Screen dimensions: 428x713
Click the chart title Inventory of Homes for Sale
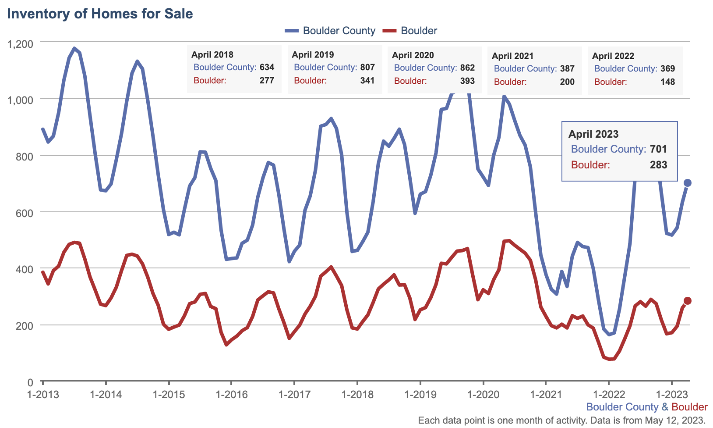pos(100,14)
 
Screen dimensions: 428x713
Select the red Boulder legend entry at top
pos(410,31)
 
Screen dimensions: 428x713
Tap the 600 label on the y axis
pos(25,213)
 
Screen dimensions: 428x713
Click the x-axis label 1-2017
pos(294,394)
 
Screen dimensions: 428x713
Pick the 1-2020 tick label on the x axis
pos(483,394)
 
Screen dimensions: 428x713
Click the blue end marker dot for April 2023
pos(688,183)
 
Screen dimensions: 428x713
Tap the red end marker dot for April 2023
pos(688,301)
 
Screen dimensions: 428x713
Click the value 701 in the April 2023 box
pos(658,149)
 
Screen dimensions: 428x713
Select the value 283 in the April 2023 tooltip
pos(658,165)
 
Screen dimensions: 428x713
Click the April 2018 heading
pos(212,55)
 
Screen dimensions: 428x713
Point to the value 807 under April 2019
pos(367,68)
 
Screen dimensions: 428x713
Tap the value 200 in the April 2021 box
pos(567,82)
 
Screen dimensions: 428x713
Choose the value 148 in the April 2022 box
pos(667,82)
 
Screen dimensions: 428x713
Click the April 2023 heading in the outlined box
pos(593,134)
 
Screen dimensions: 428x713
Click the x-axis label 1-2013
pos(43,394)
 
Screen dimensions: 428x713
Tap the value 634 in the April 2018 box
pos(267,68)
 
